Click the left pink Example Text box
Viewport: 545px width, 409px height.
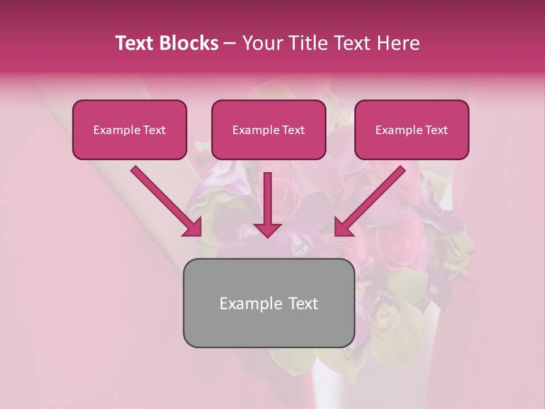129,130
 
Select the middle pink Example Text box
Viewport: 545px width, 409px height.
269,130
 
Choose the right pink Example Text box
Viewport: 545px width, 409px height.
412,130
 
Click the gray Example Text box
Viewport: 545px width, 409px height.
269,303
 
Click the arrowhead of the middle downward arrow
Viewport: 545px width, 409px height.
267,229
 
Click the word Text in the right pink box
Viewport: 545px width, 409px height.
436,130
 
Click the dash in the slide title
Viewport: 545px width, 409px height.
230,44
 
